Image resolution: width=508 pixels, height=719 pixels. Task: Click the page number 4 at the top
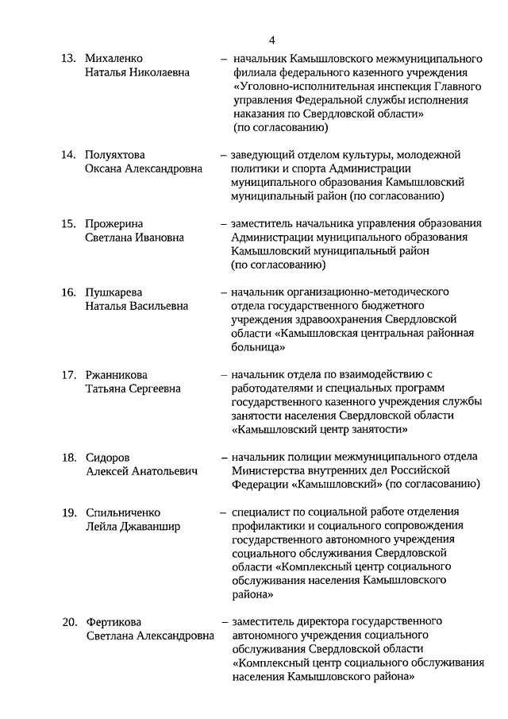coord(271,41)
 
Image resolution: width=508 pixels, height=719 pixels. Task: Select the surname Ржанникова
coord(117,375)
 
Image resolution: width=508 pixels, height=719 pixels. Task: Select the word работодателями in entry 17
coord(270,388)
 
